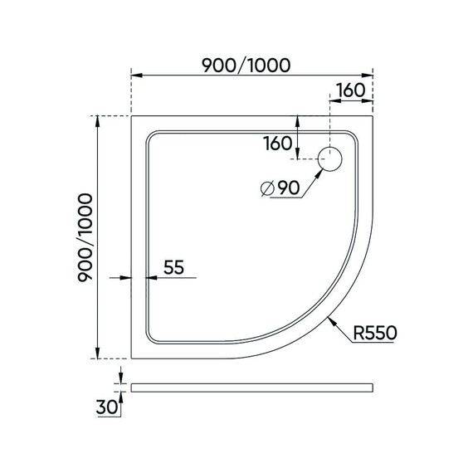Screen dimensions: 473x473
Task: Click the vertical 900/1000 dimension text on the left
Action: tap(85, 238)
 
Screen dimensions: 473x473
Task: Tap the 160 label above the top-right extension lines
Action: tap(350, 90)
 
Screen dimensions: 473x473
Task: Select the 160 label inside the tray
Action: tap(277, 144)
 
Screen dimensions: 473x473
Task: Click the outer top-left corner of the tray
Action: tap(132, 116)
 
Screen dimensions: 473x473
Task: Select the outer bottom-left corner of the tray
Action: tap(132, 358)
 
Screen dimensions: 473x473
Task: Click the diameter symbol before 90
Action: tap(266, 188)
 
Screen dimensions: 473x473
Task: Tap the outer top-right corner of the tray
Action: tap(370, 116)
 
